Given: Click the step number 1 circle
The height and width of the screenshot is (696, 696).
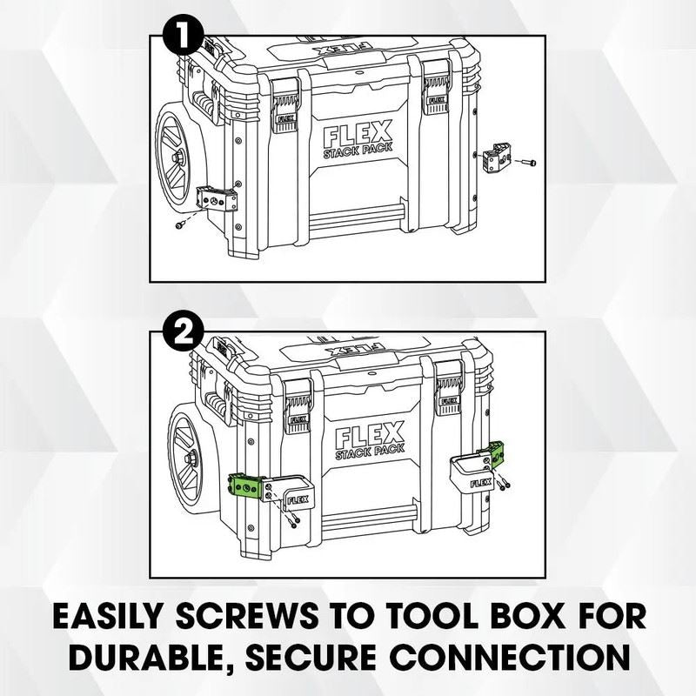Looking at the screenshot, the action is (184, 35).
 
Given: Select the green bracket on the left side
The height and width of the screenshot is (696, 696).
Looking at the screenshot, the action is (247, 486).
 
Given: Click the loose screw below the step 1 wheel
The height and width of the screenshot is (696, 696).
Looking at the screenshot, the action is (180, 225).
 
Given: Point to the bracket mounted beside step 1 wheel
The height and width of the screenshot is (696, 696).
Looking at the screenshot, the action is (217, 199).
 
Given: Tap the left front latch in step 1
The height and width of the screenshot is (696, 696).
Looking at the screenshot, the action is (285, 106).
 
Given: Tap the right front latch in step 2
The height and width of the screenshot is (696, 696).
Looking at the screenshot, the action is (448, 387).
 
